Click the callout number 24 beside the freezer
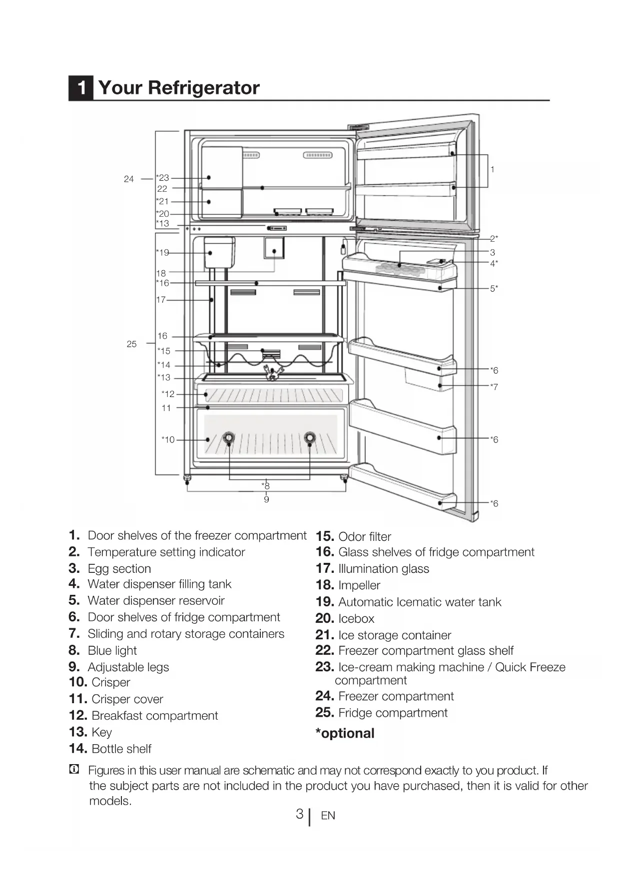[x=129, y=179]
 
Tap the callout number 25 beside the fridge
[x=131, y=344]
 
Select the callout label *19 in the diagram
[x=162, y=253]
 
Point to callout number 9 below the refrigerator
[x=266, y=499]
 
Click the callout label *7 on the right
[x=494, y=387]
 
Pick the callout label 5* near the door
[x=494, y=289]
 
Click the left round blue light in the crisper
[x=228, y=438]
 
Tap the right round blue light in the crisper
[x=310, y=438]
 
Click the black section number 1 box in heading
[x=81, y=88]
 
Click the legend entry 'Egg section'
[x=119, y=568]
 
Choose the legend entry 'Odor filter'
[x=364, y=537]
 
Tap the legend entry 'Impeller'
[x=359, y=585]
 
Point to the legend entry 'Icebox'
[x=356, y=619]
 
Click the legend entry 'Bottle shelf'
[x=121, y=749]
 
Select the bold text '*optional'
[x=345, y=733]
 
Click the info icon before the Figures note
[x=74, y=770]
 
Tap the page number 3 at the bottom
[x=299, y=814]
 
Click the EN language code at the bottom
[x=328, y=816]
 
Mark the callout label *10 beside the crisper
[x=168, y=439]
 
